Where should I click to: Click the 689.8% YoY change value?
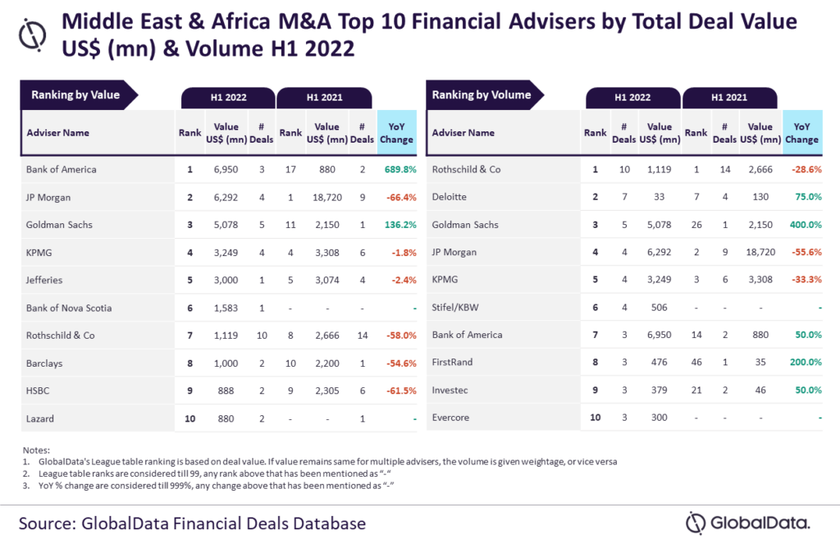397,170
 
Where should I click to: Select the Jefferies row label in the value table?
44,280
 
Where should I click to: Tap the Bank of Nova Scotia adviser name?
69,308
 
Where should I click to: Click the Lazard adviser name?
39,418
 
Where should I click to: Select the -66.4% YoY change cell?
397,197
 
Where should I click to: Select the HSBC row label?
39,391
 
